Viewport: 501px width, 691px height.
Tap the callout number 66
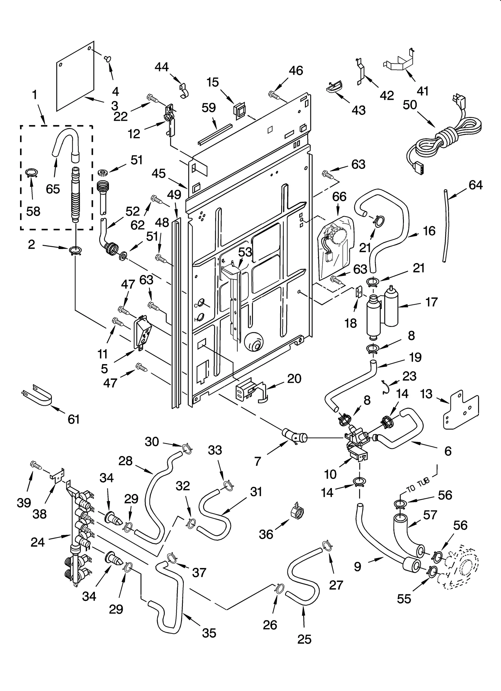(x=339, y=196)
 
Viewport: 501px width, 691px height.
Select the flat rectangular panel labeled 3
(x=75, y=77)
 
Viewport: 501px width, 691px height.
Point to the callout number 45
(x=159, y=174)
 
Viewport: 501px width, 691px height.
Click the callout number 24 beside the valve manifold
(x=38, y=542)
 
